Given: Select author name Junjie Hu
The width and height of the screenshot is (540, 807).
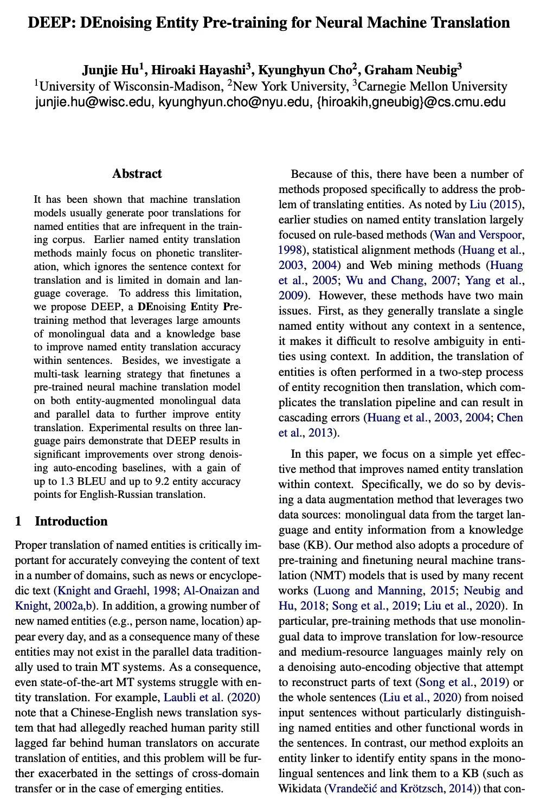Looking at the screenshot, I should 112,70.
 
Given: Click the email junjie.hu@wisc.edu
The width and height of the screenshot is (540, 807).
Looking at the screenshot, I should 94,101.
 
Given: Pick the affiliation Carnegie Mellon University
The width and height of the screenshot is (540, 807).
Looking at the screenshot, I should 433,86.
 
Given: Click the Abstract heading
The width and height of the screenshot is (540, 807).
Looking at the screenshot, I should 137,174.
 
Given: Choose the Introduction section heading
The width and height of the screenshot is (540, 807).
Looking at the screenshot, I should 71,521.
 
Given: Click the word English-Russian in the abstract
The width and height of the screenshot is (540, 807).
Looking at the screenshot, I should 108,494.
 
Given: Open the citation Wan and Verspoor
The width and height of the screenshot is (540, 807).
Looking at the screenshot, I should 479,235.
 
